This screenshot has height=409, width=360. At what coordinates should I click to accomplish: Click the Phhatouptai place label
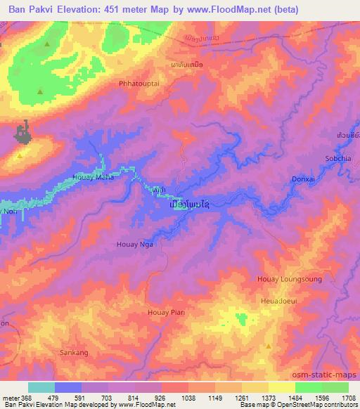coord(142,82)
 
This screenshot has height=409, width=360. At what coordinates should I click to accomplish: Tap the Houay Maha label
coord(94,177)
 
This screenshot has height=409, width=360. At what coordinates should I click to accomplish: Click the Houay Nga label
coord(134,244)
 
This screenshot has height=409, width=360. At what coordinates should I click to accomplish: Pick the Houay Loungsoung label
coord(295,279)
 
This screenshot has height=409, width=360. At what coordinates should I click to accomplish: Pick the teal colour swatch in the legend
coord(41,387)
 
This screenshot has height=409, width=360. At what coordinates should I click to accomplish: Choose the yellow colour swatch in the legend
coord(281,387)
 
